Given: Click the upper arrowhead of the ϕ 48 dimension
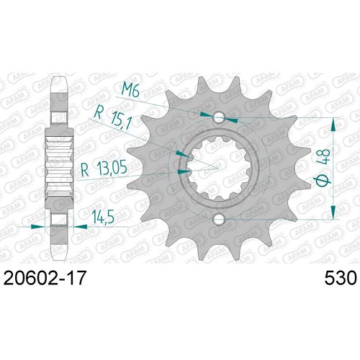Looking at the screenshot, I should (x=332, y=122).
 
